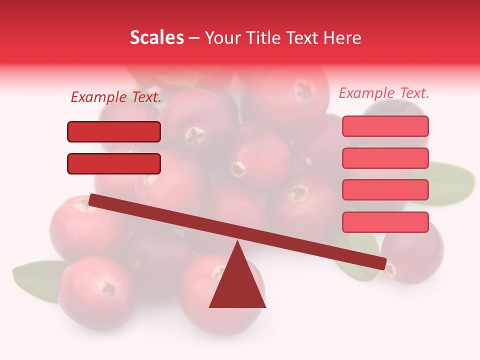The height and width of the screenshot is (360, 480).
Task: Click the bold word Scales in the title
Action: point(156,38)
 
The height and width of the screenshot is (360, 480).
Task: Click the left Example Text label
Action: point(116,97)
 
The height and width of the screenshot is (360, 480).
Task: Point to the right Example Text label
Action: point(384,93)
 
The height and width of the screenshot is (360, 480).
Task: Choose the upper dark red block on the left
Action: point(114,131)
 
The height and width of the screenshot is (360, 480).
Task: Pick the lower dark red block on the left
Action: point(114,163)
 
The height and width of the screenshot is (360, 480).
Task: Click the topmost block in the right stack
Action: point(385,126)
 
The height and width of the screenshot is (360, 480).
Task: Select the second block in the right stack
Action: point(385,158)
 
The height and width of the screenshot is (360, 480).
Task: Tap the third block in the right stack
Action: point(385,190)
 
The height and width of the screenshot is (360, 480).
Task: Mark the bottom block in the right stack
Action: point(385,222)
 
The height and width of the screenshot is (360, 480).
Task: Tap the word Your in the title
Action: point(222,38)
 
